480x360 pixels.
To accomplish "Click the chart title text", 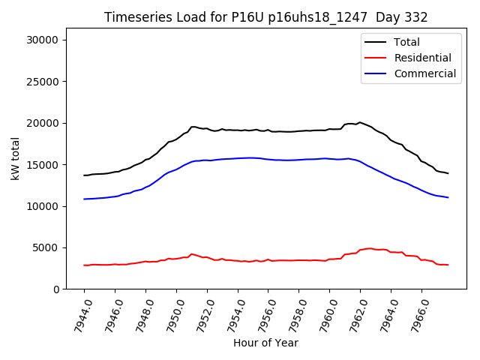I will pyautogui.click(x=266, y=17).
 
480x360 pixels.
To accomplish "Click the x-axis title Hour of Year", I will pyautogui.click(x=265, y=343).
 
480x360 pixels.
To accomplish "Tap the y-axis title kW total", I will pyautogui.click(x=15, y=159).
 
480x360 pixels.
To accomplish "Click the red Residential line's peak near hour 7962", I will pyautogui.click(x=369, y=248).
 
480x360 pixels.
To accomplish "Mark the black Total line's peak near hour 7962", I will pyautogui.click(x=360, y=122).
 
